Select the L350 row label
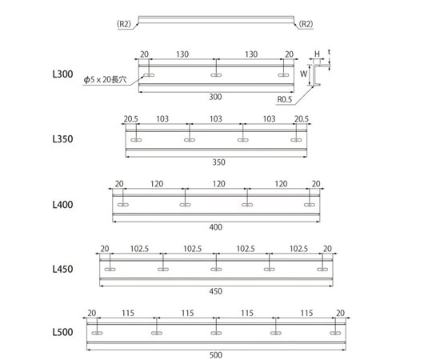coord(63,138)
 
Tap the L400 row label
coord(63,204)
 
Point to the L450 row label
coord(63,270)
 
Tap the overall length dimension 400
coord(215,227)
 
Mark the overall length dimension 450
coord(215,292)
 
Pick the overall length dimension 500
coord(215,354)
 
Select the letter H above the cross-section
coord(317,54)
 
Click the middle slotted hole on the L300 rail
coord(215,75)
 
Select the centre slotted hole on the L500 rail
coord(215,332)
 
